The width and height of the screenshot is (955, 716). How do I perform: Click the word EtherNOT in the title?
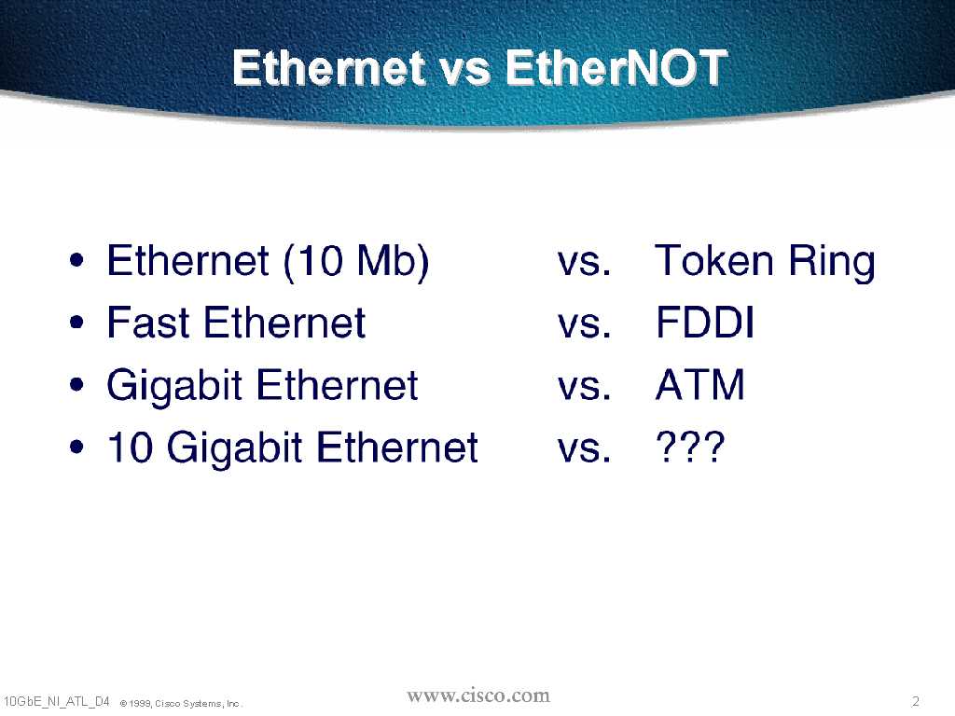click(x=616, y=67)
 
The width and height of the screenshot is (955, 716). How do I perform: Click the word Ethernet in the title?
click(x=329, y=67)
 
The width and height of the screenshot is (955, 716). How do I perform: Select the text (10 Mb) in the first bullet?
click(x=356, y=261)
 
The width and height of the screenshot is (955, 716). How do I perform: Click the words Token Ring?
click(x=765, y=261)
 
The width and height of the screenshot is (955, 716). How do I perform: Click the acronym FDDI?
click(x=705, y=322)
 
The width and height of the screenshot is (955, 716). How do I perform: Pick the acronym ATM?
click(x=699, y=385)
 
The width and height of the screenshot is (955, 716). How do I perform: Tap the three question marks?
click(x=690, y=447)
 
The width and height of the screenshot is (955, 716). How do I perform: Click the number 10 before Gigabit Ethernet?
click(x=129, y=447)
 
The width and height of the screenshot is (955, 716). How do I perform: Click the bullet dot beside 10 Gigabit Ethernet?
click(x=76, y=447)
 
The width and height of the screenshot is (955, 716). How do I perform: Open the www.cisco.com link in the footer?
click(x=478, y=695)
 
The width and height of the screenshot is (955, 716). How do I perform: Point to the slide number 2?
click(x=916, y=701)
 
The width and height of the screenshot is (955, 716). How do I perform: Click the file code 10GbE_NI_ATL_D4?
click(x=56, y=701)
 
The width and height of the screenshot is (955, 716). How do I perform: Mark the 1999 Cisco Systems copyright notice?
click(x=181, y=703)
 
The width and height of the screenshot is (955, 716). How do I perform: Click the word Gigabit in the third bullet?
click(x=174, y=387)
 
